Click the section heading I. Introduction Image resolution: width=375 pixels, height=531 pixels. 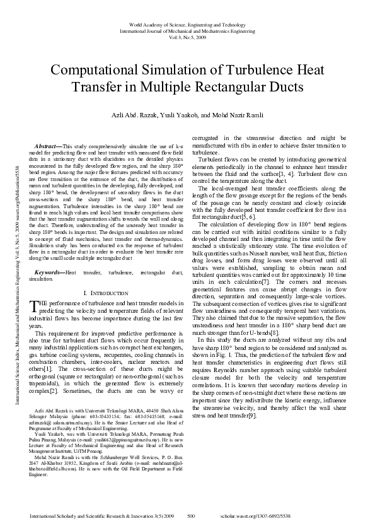pos(107,294)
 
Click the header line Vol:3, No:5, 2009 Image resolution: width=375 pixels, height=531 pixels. pos(187,37)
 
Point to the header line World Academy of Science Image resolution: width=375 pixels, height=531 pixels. pos(187,23)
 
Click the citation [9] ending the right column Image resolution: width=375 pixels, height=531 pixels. pos(254,433)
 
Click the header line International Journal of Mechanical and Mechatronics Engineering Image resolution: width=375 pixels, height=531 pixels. pos(187,30)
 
